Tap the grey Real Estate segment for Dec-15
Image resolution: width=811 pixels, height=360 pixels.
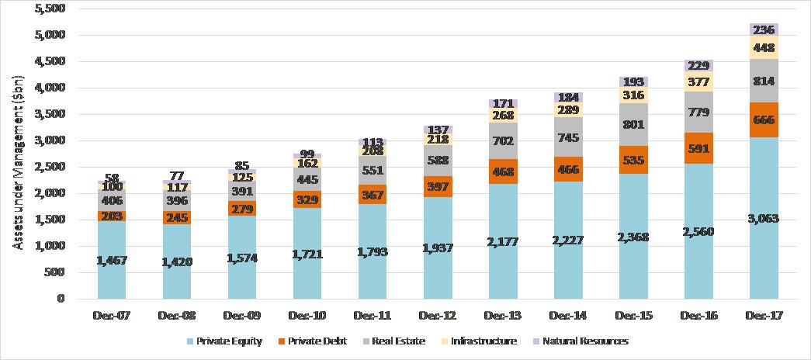click(633, 124)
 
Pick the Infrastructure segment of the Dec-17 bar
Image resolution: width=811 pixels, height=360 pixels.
click(764, 48)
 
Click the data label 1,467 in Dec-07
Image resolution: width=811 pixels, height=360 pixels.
click(113, 261)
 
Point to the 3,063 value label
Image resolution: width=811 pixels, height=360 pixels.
click(764, 219)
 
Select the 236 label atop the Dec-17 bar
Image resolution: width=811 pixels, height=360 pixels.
click(764, 29)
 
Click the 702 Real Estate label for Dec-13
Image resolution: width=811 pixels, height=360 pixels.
click(503, 141)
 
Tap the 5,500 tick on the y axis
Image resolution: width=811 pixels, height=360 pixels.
click(54, 9)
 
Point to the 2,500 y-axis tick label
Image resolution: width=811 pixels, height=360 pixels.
click(54, 167)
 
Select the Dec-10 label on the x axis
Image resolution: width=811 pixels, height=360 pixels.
click(307, 314)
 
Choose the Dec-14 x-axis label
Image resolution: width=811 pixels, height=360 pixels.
click(568, 314)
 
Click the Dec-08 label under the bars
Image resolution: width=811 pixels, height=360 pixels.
click(177, 314)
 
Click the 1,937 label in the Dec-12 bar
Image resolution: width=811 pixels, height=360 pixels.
click(438, 247)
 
